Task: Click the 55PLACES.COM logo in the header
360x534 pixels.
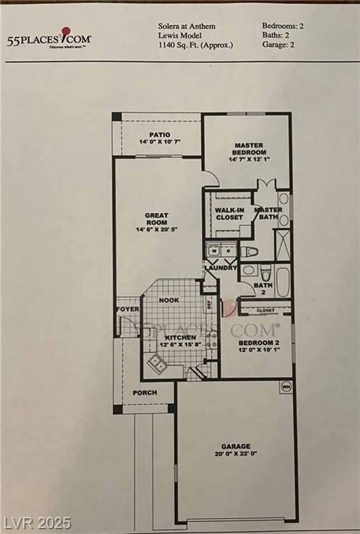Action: (49, 38)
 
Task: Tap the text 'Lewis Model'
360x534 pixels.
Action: (180, 35)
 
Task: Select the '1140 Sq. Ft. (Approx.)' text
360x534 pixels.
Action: (196, 45)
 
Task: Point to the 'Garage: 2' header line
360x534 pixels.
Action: (278, 44)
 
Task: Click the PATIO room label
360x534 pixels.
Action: (160, 135)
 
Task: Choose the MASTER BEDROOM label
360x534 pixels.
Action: (249, 149)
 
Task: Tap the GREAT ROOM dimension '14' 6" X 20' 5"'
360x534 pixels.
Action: (157, 230)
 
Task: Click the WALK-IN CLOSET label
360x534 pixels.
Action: (229, 214)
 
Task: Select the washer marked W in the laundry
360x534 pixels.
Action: (214, 251)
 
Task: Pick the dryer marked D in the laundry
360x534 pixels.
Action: (229, 251)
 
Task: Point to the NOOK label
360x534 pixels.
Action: (169, 300)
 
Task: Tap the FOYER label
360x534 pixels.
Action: (128, 309)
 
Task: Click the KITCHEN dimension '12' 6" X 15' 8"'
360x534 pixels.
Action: (180, 345)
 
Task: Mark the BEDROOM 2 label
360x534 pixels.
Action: (259, 343)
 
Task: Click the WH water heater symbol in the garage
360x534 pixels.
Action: (286, 386)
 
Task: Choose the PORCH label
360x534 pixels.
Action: (145, 393)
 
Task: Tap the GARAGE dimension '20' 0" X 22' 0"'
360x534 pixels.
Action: (236, 454)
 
